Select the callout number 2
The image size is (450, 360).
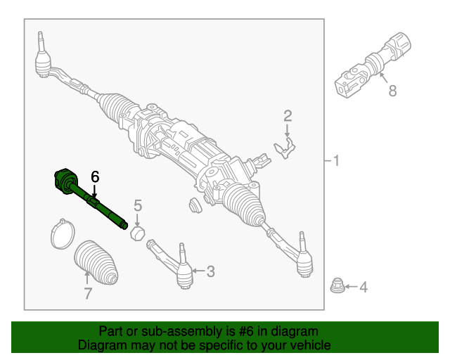click(287, 115)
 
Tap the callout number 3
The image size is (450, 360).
click(211, 271)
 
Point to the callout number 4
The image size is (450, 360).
click(363, 287)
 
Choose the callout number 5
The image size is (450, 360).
click(138, 205)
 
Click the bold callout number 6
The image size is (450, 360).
click(96, 178)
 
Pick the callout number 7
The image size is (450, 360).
click(88, 294)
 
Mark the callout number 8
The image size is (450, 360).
click(392, 91)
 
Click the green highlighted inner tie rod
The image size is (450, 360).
click(91, 200)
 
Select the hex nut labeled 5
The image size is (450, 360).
click(139, 232)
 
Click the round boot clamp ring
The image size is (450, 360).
click(63, 233)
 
